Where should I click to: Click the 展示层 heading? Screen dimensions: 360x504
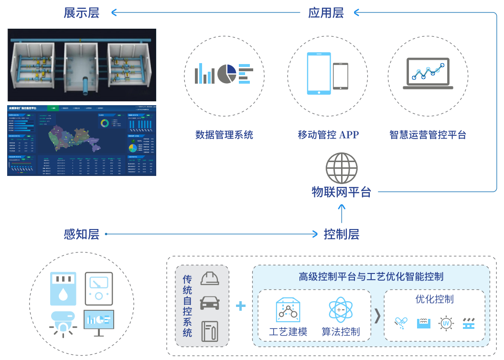81,13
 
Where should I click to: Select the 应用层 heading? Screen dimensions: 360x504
326,13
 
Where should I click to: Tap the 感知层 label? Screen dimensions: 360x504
81,234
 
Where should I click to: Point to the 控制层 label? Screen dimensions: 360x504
341,234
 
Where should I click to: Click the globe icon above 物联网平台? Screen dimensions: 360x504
341,168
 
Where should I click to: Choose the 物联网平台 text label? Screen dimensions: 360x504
341,192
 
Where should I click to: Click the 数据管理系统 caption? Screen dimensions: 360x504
224,135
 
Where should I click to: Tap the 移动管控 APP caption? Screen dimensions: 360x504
328,135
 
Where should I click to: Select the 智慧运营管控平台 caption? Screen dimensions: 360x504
428,135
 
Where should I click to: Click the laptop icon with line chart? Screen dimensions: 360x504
428,74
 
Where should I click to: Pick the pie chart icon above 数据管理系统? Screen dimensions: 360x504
227,74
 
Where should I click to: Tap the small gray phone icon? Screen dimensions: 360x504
340,76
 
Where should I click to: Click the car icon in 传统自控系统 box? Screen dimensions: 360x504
210,303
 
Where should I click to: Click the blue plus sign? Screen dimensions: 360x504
241,305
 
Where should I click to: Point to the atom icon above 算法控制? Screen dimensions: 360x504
341,310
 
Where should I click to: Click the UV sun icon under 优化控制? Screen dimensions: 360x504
446,323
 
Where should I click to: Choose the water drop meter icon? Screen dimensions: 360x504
63,289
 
